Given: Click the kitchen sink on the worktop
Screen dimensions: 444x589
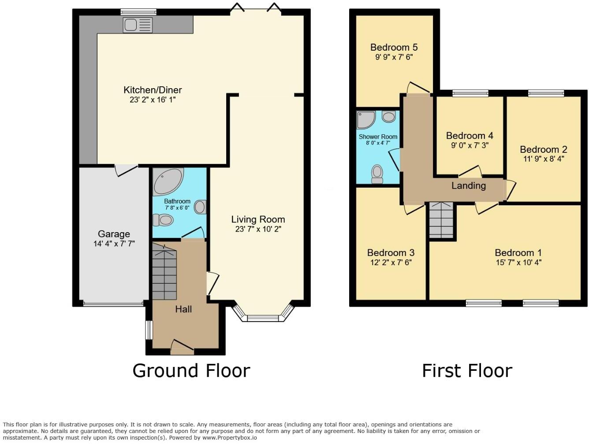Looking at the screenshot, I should tap(138, 25).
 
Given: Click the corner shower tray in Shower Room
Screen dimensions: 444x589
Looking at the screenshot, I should tap(365, 119).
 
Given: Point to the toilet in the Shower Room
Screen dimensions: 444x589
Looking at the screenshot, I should tap(377, 174).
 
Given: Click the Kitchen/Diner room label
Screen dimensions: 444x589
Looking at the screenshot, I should tap(153, 90).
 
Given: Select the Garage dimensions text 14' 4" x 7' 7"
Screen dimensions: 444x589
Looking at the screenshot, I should tap(114, 244).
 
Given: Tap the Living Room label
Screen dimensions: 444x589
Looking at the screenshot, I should tap(258, 219).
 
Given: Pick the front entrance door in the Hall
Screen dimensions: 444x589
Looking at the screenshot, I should tap(182, 348).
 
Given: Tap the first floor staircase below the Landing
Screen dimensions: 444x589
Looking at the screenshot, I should tap(441, 220).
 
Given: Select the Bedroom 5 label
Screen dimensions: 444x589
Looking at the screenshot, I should tap(394, 47).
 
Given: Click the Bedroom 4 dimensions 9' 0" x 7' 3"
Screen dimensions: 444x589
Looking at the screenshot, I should tap(470, 145).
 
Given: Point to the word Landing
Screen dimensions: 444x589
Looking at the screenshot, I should tap(468, 185).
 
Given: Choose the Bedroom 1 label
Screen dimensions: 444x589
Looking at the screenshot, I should tap(518, 252).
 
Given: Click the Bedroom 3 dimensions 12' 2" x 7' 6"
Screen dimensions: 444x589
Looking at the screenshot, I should tap(391, 263).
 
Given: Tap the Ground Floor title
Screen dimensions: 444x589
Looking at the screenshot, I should tap(191, 370).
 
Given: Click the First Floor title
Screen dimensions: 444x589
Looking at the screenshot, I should tap(467, 370).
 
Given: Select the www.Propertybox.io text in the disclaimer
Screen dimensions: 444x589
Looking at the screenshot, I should tap(229, 437).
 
